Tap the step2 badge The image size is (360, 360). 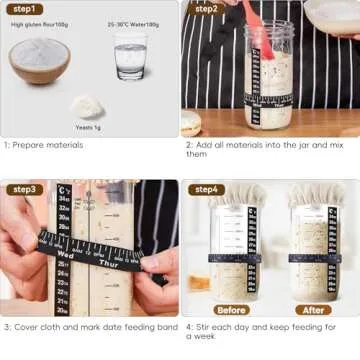pos(205,9)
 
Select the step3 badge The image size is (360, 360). pos(25,189)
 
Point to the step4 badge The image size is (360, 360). pos(206,189)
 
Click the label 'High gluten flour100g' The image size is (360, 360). pos(40,24)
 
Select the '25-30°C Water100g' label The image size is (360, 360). pos(130,24)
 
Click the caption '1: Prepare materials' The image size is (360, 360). pos(44,145)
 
